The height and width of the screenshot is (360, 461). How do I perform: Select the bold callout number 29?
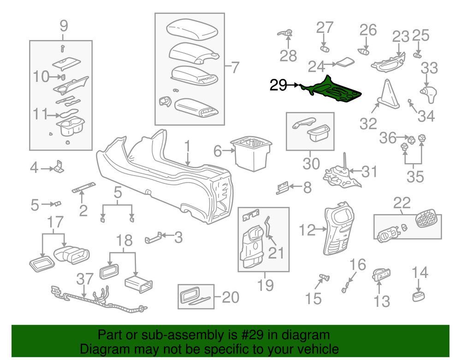278,85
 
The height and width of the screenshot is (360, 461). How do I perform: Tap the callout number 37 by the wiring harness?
84,279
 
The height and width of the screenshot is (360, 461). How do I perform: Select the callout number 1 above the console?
187,148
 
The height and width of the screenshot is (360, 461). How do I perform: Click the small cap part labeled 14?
418,295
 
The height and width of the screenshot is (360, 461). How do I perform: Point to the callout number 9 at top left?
64,25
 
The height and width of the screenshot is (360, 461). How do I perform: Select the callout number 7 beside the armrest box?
235,68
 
